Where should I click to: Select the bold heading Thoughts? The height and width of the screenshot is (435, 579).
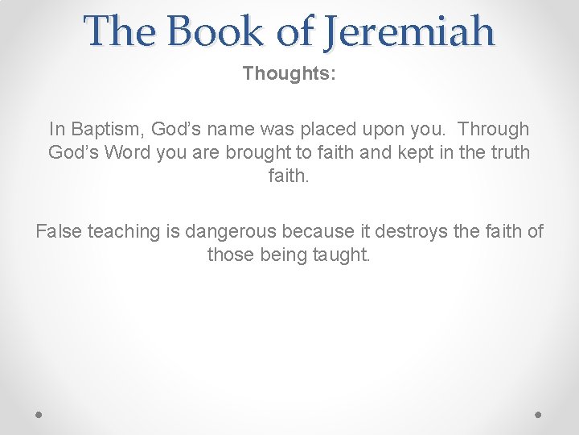289,73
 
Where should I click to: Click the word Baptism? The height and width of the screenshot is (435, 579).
105,129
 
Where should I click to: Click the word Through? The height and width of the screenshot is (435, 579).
493,129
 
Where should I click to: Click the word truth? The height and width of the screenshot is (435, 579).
506,152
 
